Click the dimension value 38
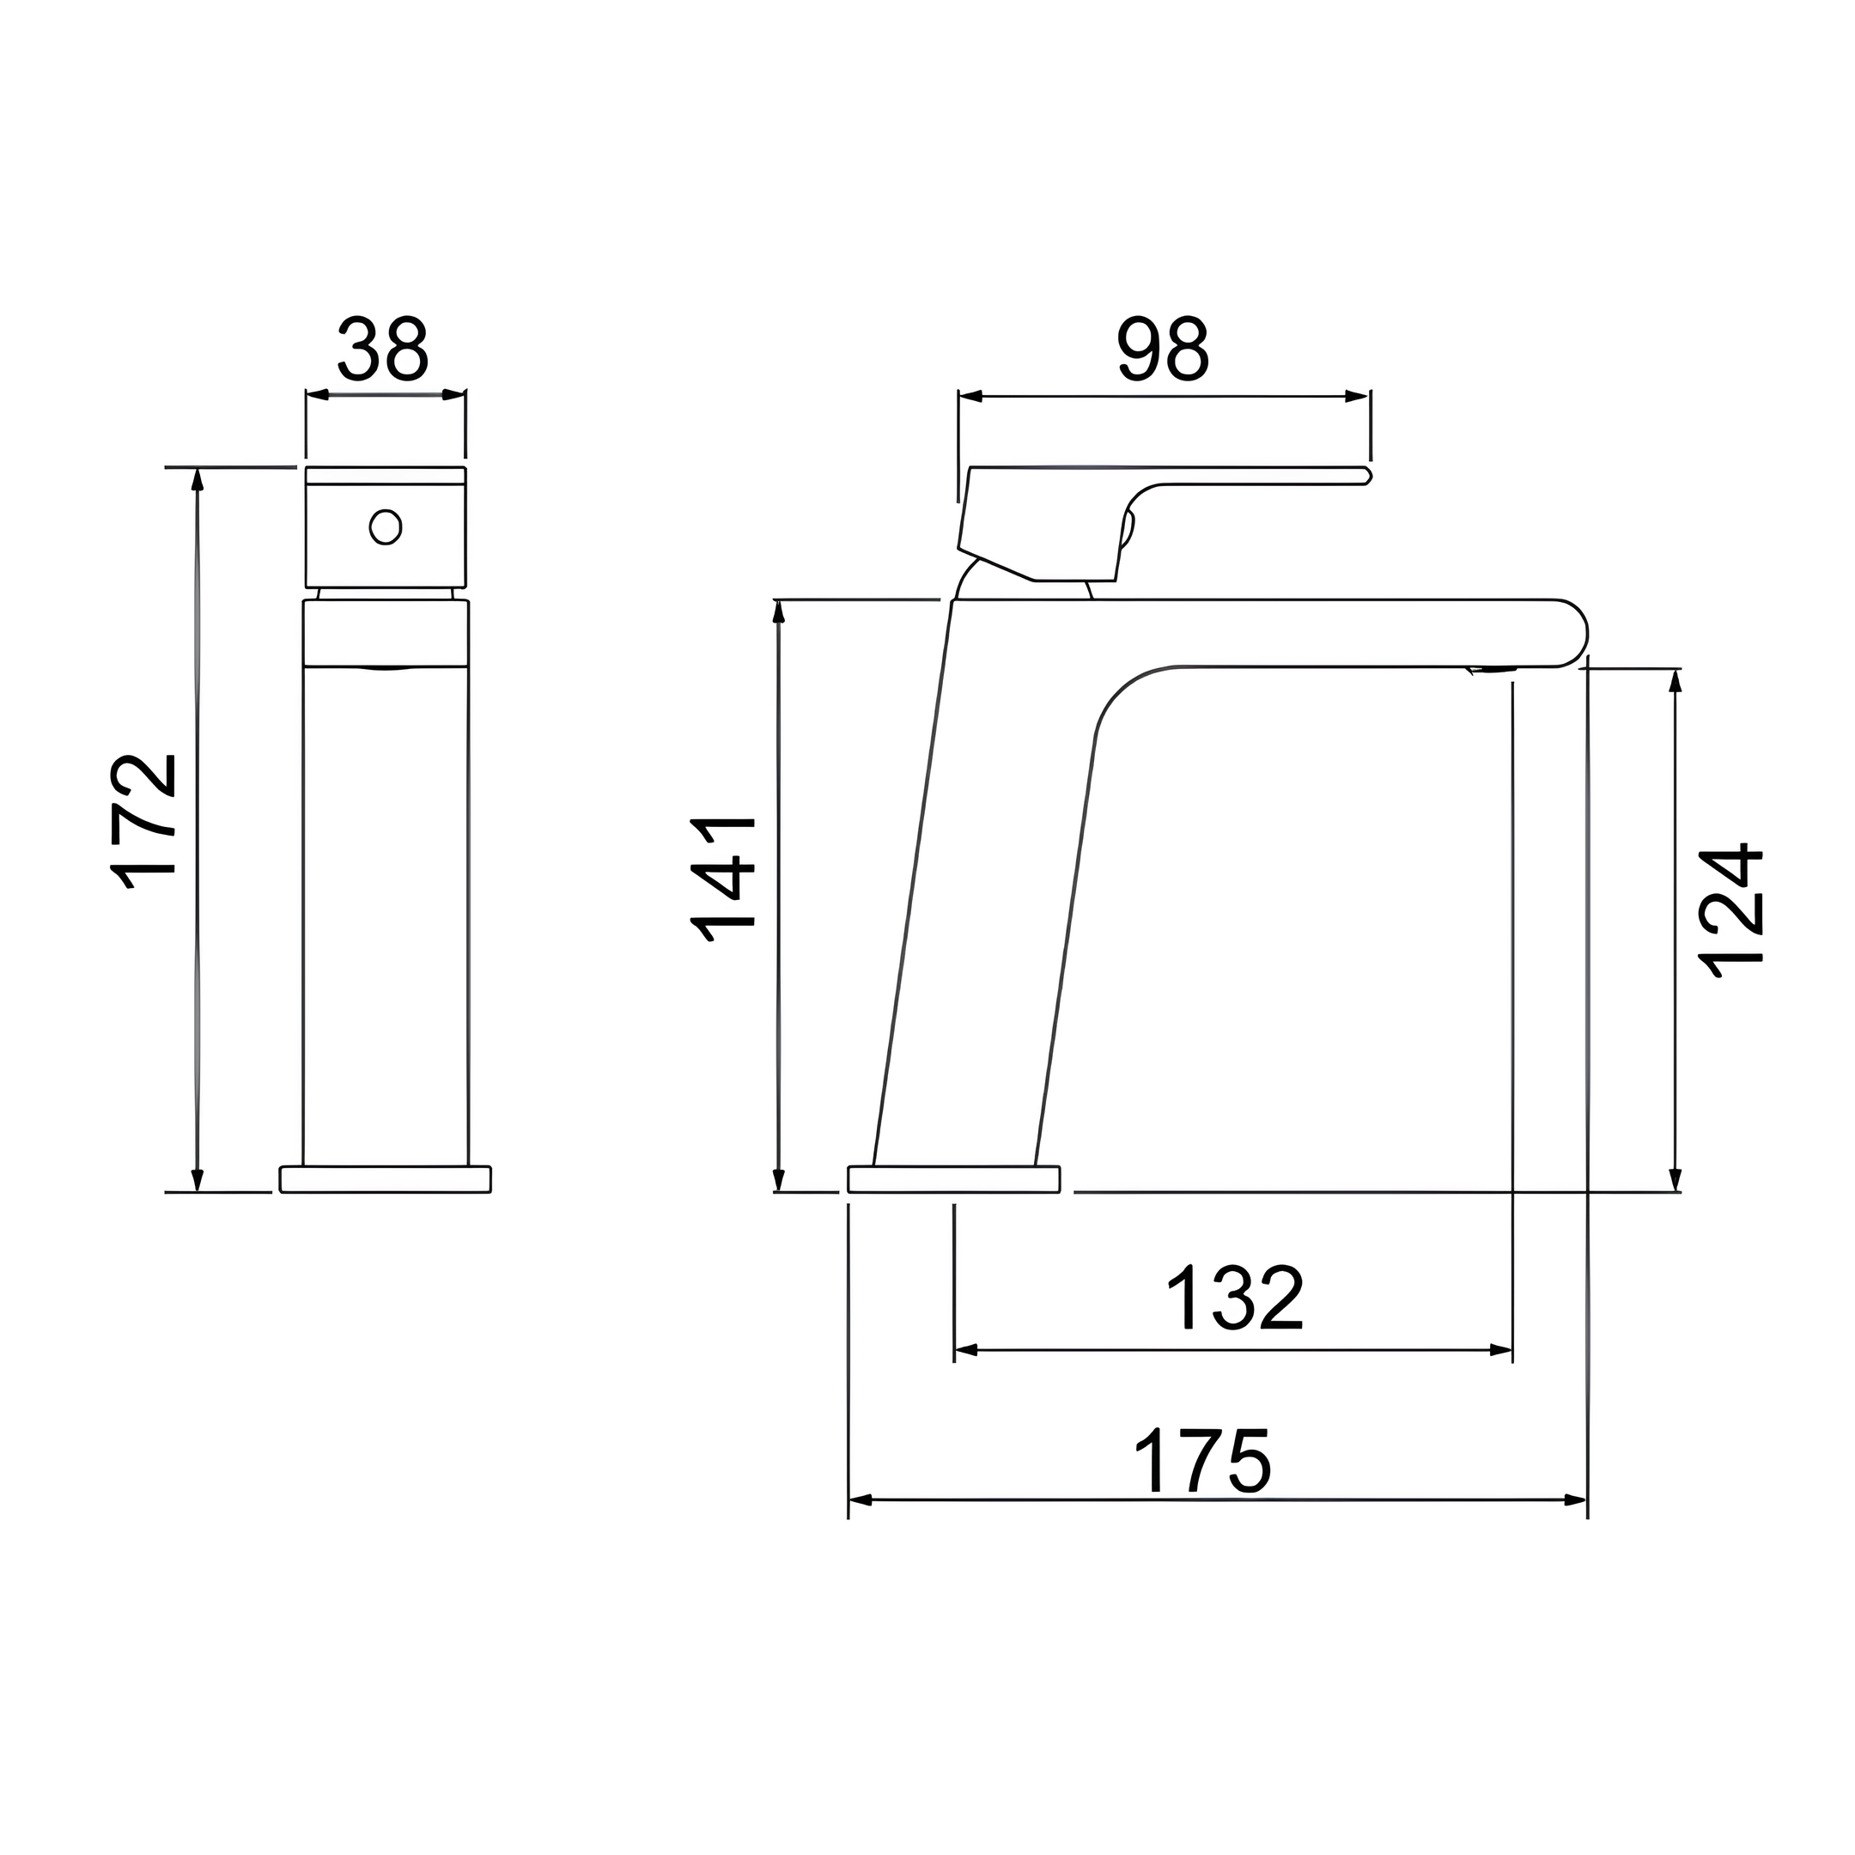(x=382, y=349)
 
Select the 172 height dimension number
(x=144, y=823)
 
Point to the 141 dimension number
(x=724, y=879)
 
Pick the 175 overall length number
(x=1203, y=1460)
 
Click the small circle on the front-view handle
(x=385, y=526)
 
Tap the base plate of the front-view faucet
(x=385, y=1179)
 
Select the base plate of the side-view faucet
(x=953, y=1179)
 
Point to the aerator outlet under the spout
(x=1491, y=669)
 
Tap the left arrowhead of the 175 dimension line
(x=861, y=1499)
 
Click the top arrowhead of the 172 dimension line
(x=198, y=479)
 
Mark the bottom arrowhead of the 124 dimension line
(x=1676, y=1180)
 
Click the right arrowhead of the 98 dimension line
(x=1357, y=396)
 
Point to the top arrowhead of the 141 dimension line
(x=779, y=611)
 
